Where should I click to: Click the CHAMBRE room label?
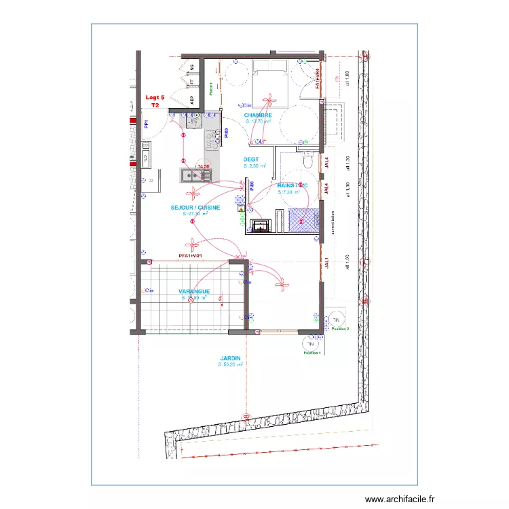click(259, 115)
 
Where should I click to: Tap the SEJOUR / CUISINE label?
click(195, 208)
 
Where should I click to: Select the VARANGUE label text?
click(194, 291)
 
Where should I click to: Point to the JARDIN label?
click(230, 358)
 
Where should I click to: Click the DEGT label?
click(251, 159)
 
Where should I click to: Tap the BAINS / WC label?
click(293, 185)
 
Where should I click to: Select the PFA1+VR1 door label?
click(191, 256)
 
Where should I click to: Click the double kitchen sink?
click(196, 176)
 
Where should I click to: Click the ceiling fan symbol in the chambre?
click(270, 102)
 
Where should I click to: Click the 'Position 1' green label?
click(312, 354)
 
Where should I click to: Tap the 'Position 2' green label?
click(340, 328)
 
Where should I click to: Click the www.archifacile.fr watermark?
click(398, 499)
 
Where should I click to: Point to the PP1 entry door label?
click(147, 124)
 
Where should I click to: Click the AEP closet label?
click(192, 99)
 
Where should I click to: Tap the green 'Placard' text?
click(211, 89)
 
